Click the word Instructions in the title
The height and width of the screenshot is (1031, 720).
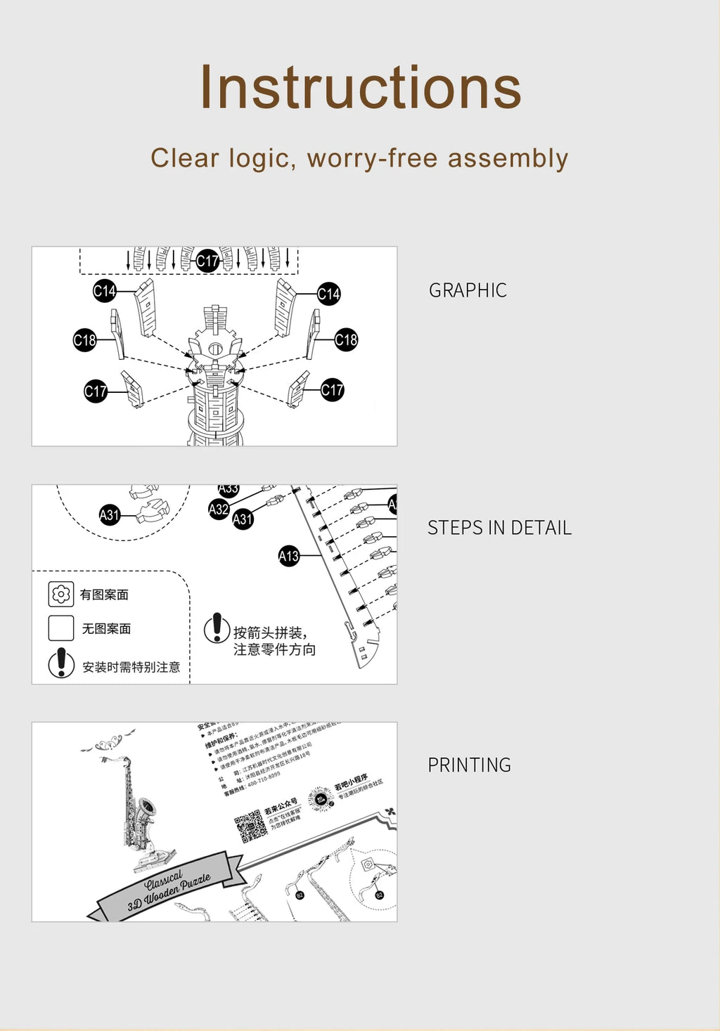(360, 88)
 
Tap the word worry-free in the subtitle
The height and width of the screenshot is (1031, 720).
(373, 159)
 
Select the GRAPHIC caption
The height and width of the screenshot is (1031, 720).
(468, 290)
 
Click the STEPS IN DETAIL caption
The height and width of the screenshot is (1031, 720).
(499, 528)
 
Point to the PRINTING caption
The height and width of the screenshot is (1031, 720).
(469, 765)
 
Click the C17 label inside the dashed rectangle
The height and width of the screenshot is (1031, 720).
(207, 261)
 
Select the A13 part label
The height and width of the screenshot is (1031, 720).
(289, 557)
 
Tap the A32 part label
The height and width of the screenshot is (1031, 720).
(219, 510)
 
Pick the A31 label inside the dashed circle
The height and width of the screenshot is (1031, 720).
(110, 515)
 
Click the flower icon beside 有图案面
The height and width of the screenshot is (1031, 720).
(61, 595)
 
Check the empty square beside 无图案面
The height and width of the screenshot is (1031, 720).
(61, 628)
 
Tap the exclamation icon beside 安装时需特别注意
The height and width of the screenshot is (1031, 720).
(61, 663)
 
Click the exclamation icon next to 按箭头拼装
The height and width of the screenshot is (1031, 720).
(217, 628)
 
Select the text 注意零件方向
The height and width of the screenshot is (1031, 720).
(274, 650)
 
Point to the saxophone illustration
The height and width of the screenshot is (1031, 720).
(141, 808)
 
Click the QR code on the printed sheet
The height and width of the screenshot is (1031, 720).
(250, 826)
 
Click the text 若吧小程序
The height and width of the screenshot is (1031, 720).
(351, 781)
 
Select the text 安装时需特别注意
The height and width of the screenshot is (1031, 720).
(131, 667)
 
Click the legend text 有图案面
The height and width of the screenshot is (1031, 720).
(104, 595)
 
